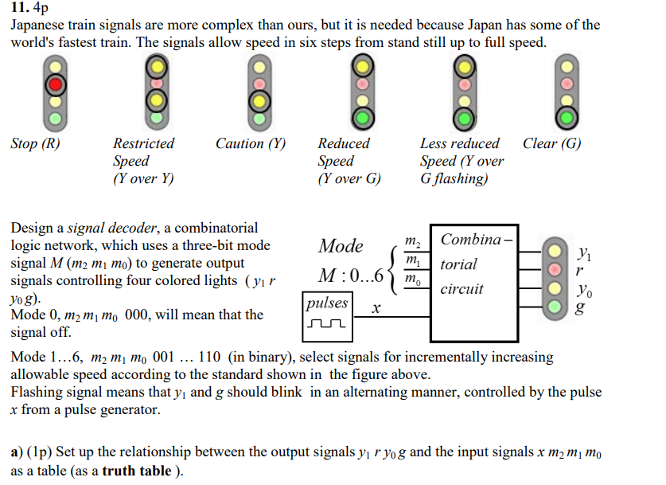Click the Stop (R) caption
click(35, 144)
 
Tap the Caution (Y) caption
click(250, 144)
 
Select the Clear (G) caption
click(551, 144)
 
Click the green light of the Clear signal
click(565, 119)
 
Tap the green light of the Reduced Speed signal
click(361, 119)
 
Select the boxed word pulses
click(327, 303)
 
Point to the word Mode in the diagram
click(341, 246)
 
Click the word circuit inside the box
click(462, 288)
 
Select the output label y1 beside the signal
click(584, 254)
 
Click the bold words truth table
click(137, 470)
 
